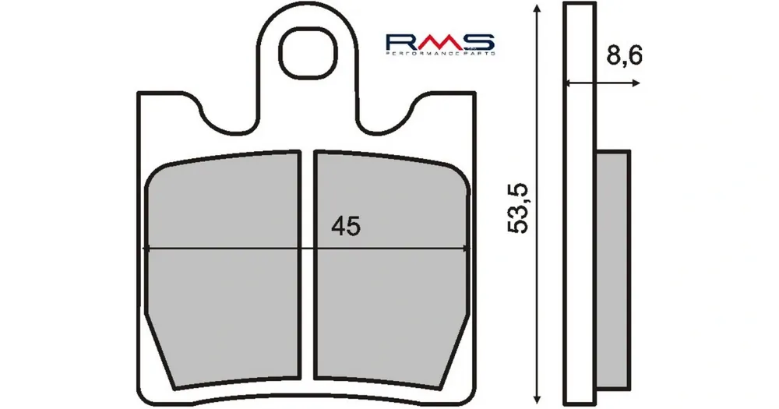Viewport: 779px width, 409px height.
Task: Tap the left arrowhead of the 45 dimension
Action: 149,249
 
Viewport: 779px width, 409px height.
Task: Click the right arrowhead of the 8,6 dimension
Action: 636,83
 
